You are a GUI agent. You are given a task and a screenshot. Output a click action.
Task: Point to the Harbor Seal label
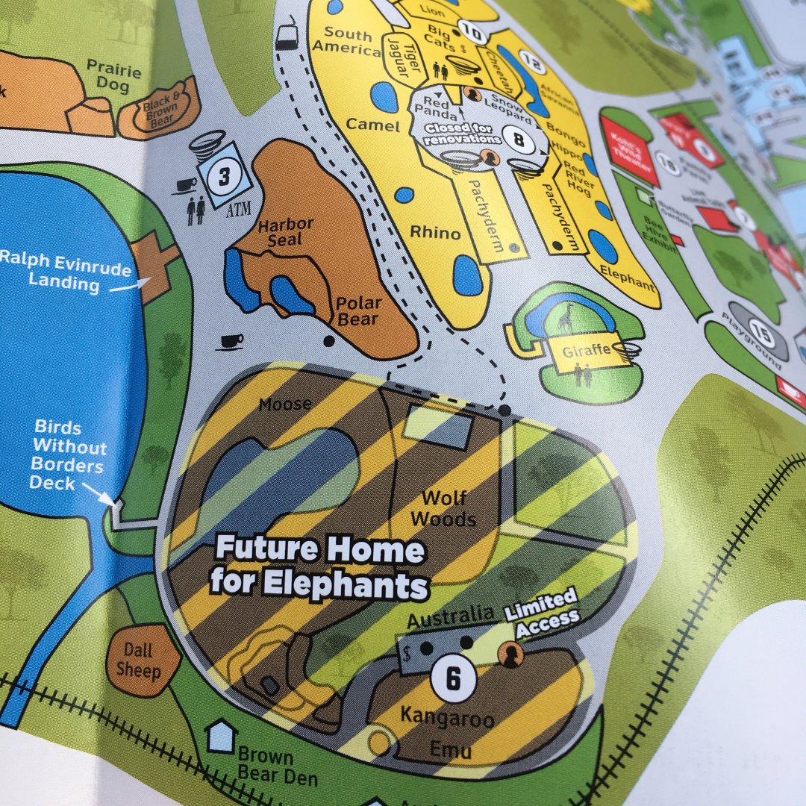click(286, 231)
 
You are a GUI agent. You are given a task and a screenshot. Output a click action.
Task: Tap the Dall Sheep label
click(138, 660)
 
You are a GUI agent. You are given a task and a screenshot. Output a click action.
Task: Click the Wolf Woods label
click(443, 508)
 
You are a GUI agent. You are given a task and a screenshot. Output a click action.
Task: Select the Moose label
click(285, 405)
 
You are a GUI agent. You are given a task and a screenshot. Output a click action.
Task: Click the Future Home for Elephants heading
click(319, 566)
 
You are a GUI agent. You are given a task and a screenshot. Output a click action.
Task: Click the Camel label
click(373, 125)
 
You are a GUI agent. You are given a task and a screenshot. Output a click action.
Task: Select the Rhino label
click(435, 233)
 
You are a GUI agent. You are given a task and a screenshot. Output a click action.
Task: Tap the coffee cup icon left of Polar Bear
click(232, 342)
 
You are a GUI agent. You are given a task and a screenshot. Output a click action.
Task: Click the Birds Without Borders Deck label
click(68, 455)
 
